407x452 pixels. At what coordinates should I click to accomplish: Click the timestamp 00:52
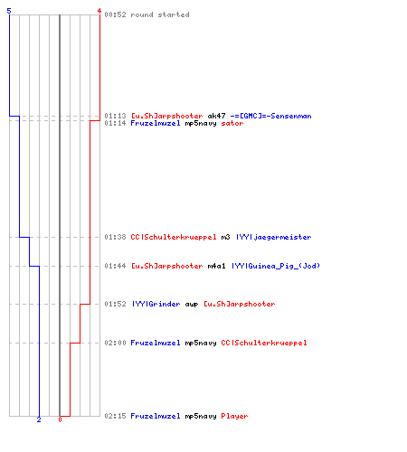[x=115, y=14]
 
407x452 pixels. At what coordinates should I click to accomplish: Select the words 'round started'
[x=160, y=14]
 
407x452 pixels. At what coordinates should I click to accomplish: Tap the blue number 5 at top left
[x=9, y=11]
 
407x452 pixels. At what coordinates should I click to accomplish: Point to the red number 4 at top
[x=99, y=11]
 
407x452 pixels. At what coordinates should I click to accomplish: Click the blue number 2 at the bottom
[x=39, y=419]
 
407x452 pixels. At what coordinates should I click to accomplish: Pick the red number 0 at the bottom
[x=60, y=419]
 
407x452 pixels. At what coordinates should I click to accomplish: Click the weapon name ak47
[x=216, y=116]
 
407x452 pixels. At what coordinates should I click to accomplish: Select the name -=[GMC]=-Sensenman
[x=270, y=116]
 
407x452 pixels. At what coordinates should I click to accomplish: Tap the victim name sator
[x=232, y=123]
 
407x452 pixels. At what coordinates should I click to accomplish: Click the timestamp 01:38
[x=115, y=237]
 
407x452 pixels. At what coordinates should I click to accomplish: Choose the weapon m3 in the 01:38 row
[x=225, y=237]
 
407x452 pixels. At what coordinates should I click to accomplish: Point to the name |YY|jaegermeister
[x=273, y=237]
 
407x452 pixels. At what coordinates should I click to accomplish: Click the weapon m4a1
[x=216, y=266]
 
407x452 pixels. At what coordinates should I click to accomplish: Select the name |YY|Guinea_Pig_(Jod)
[x=276, y=266]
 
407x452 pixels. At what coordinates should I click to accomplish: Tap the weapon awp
[x=192, y=305]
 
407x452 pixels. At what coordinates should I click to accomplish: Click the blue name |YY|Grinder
[x=156, y=304]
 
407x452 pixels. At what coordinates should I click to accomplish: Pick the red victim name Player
[x=234, y=416]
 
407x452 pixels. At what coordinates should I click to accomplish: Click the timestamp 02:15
[x=115, y=416]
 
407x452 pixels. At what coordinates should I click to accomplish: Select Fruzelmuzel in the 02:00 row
[x=156, y=343]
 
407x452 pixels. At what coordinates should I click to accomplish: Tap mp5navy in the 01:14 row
[x=201, y=124]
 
